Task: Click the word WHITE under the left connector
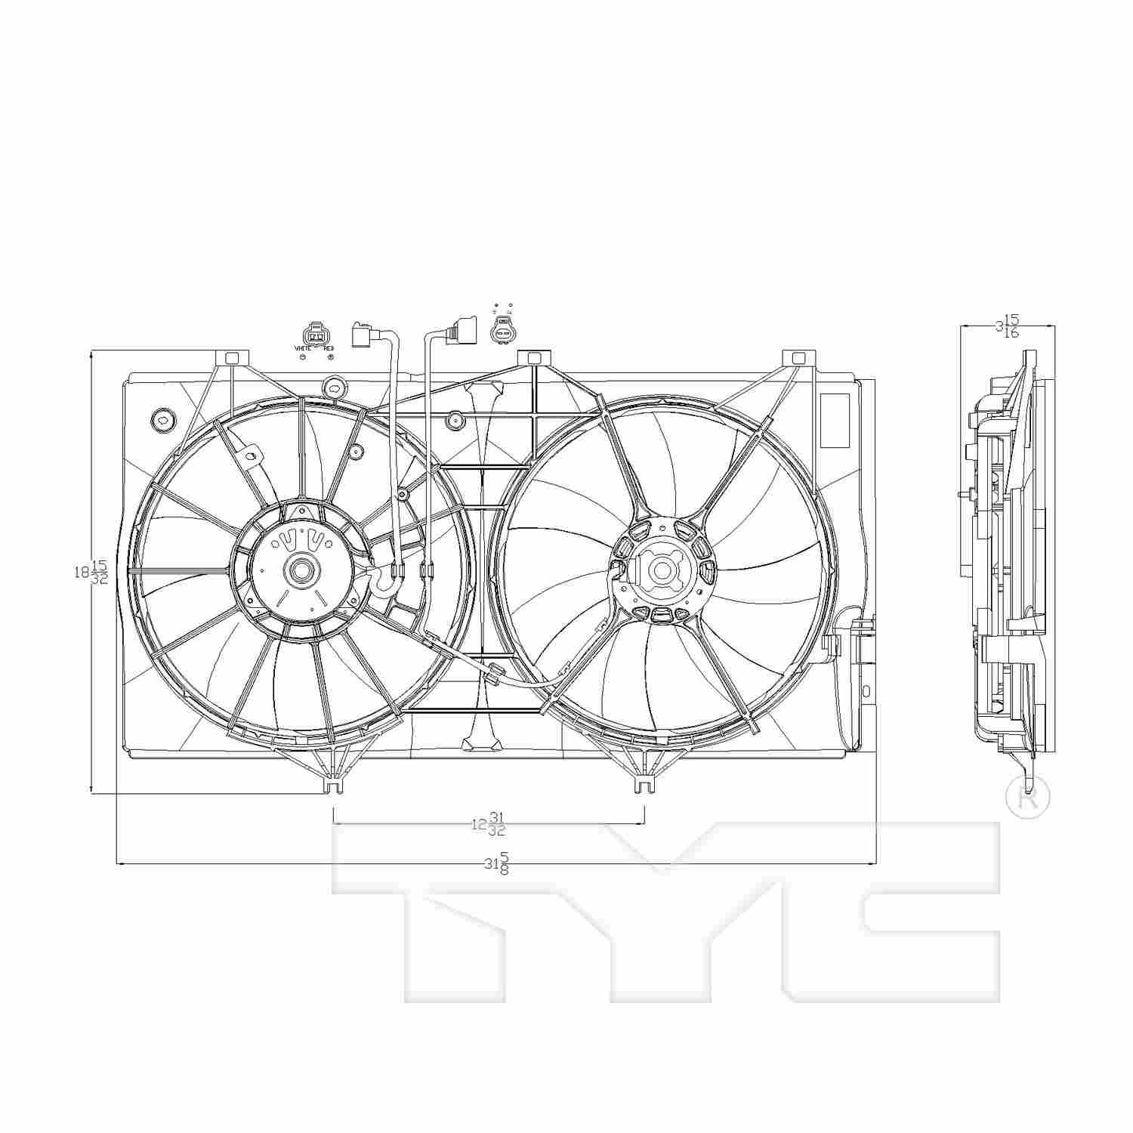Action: click(303, 348)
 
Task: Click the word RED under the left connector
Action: click(328, 348)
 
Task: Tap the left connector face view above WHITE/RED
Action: click(316, 334)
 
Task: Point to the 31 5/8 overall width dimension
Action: click(496, 863)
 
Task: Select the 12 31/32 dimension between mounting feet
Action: click(489, 823)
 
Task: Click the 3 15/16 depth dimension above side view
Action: click(1008, 326)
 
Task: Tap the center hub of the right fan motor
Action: click(661, 570)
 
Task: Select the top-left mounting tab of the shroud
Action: click(232, 357)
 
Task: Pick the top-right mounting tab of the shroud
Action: click(798, 357)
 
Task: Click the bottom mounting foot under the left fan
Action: click(332, 786)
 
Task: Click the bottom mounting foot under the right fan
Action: click(643, 786)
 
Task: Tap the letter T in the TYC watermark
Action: click(453, 906)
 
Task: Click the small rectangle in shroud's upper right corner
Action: click(834, 420)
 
